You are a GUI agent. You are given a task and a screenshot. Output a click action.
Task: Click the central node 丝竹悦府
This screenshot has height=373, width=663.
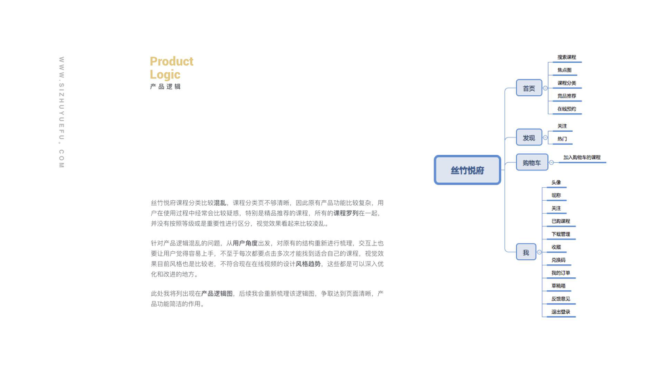(467, 170)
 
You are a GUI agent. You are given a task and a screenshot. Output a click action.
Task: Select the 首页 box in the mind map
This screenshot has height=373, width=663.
(529, 88)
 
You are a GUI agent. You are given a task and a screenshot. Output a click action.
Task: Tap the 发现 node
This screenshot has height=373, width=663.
(529, 137)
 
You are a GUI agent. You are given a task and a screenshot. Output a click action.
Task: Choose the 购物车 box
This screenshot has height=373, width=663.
(532, 163)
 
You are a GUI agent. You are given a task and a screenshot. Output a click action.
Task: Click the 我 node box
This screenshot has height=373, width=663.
(526, 252)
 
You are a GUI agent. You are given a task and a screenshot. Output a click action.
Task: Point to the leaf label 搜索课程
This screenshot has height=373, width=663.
(567, 57)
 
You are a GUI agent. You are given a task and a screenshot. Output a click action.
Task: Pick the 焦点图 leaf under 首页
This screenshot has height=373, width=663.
(564, 70)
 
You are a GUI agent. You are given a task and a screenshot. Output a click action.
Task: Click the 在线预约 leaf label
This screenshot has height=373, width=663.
(567, 109)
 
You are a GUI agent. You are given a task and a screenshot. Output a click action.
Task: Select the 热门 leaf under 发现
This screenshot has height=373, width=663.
(562, 139)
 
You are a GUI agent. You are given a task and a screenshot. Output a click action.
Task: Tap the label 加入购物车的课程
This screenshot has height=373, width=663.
(582, 158)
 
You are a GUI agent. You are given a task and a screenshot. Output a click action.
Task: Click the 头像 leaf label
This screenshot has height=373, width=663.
(556, 183)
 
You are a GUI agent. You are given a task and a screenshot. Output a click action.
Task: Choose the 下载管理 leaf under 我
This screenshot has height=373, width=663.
(560, 234)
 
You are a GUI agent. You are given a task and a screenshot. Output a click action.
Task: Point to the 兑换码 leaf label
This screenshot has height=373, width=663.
(559, 260)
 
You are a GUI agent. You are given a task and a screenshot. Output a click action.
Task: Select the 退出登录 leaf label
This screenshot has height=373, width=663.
(560, 312)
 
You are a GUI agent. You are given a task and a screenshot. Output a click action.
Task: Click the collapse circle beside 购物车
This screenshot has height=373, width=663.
(551, 163)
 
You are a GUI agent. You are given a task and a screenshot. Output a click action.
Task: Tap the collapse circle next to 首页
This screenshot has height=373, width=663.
(545, 88)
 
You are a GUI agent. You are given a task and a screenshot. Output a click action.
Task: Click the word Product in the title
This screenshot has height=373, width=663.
(172, 62)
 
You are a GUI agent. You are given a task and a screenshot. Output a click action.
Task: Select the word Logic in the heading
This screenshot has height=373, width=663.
(165, 75)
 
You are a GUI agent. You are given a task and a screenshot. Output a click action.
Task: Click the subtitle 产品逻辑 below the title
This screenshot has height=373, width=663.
(165, 87)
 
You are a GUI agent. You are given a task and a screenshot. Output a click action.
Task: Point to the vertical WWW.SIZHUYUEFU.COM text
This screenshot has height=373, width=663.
(62, 113)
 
